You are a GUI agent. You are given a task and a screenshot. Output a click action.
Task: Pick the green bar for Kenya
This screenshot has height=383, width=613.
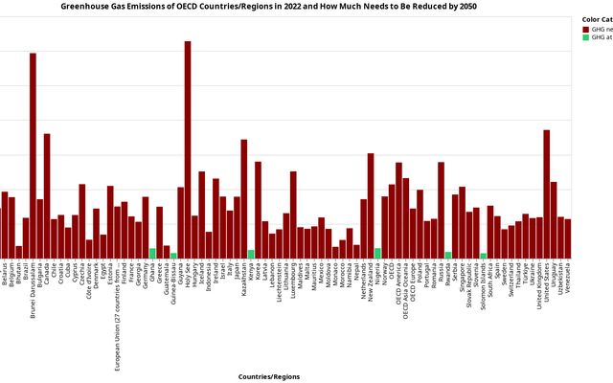pos(251,254)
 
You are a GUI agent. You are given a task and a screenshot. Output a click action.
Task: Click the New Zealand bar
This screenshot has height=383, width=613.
pos(371,205)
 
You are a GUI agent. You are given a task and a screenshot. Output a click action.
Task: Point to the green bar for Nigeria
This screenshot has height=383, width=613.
pos(377,253)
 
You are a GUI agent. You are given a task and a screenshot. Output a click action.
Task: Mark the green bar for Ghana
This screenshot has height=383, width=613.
pos(152,253)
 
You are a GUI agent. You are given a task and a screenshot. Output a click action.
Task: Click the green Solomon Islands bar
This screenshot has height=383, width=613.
pos(484,255)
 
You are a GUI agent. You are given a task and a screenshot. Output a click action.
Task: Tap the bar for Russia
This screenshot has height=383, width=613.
pos(441,210)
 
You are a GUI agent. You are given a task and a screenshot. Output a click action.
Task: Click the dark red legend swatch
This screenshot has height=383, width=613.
pos(585,29)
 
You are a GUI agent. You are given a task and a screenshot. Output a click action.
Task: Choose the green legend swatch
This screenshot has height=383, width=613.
pos(585,37)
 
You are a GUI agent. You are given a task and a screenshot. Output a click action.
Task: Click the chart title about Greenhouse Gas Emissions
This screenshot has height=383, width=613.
pos(269,7)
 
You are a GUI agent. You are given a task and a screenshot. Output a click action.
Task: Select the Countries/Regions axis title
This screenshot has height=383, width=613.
pos(269,377)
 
